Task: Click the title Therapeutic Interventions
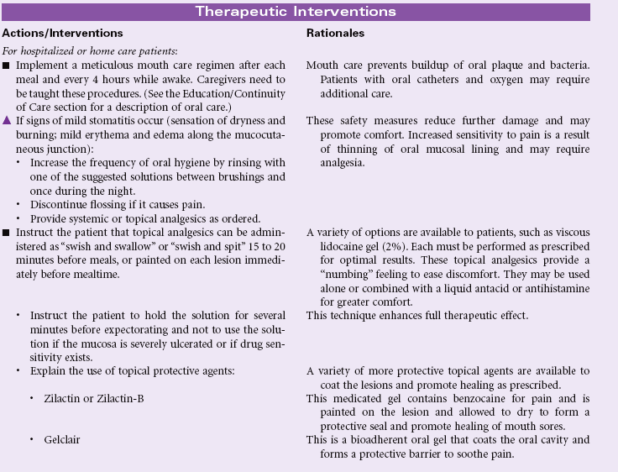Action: [x=296, y=12]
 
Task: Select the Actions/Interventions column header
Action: [x=63, y=34]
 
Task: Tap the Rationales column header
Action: [x=333, y=34]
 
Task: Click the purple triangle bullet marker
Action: [x=8, y=120]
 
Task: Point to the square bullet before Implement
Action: [x=8, y=65]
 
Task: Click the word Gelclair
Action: [x=63, y=439]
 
